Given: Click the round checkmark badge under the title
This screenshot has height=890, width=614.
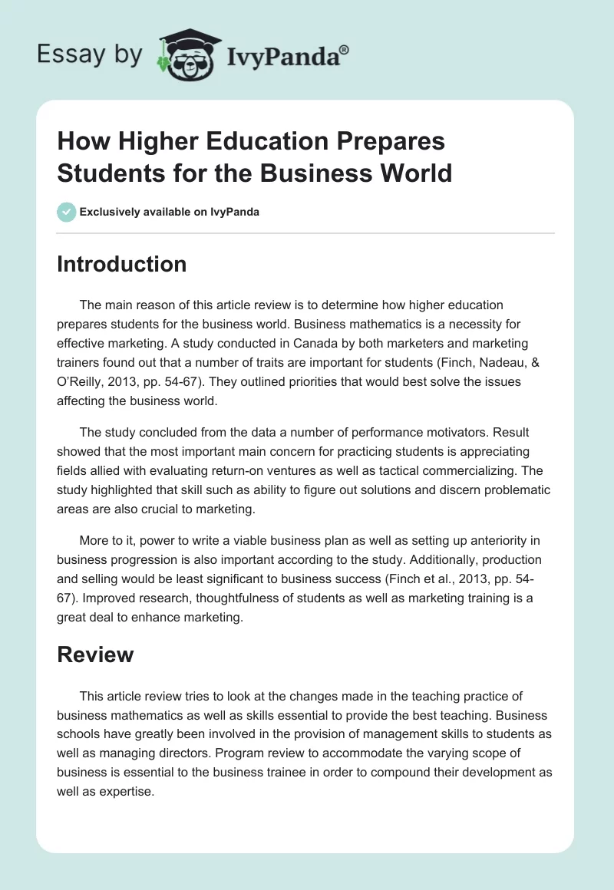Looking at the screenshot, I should tap(67, 212).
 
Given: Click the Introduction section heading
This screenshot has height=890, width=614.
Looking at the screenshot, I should tap(121, 264).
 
